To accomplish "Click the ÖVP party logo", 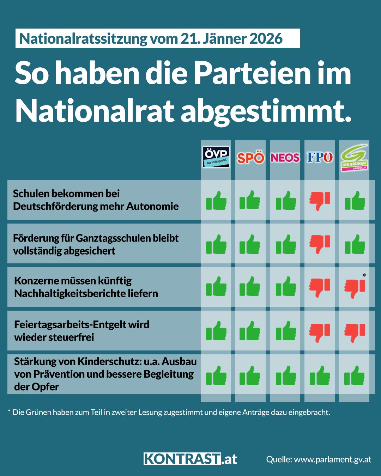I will pyautogui.click(x=216, y=157).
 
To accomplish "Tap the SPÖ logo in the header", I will pyautogui.click(x=250, y=158).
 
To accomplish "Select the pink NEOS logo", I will pyautogui.click(x=285, y=157).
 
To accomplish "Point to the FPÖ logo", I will pyautogui.click(x=320, y=157).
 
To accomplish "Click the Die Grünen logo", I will pyautogui.click(x=354, y=159).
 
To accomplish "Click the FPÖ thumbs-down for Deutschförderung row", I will pyautogui.click(x=320, y=201).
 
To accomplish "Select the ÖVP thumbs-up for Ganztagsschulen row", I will pyautogui.click(x=216, y=244).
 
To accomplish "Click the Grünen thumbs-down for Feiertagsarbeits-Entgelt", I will pyautogui.click(x=355, y=332).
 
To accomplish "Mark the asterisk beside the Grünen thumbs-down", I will pyautogui.click(x=364, y=275).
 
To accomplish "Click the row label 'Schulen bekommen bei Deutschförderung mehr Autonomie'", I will pyautogui.click(x=96, y=200).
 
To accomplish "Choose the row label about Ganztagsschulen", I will pyautogui.click(x=96, y=244).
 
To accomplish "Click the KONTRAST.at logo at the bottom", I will pyautogui.click(x=190, y=459).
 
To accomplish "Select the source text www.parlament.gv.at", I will pyautogui.click(x=332, y=459).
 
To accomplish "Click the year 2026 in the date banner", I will pyautogui.click(x=266, y=38).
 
